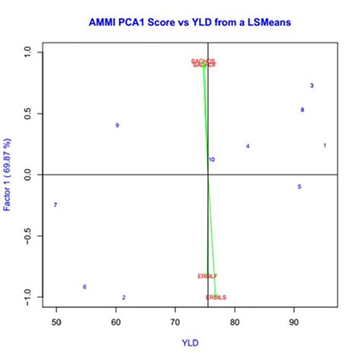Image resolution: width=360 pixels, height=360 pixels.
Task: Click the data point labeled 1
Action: coord(325,145)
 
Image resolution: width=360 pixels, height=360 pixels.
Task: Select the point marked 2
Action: coord(124,298)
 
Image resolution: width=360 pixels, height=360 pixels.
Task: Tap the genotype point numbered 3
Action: coord(312,86)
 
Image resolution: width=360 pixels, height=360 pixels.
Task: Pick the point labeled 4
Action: coord(248,146)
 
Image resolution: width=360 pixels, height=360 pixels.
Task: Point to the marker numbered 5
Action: coord(299,186)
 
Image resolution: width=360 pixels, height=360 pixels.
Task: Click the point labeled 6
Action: coord(84,286)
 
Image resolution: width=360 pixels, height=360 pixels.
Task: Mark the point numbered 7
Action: coord(55,205)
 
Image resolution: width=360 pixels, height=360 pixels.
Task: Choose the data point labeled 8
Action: coord(302,110)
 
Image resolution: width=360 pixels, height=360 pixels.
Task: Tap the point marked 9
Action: coord(117,125)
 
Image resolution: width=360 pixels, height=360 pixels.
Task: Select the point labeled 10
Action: coord(211,159)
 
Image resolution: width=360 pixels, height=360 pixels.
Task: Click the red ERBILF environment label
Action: coord(207,276)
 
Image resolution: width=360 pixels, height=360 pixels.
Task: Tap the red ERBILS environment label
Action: coord(216,297)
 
